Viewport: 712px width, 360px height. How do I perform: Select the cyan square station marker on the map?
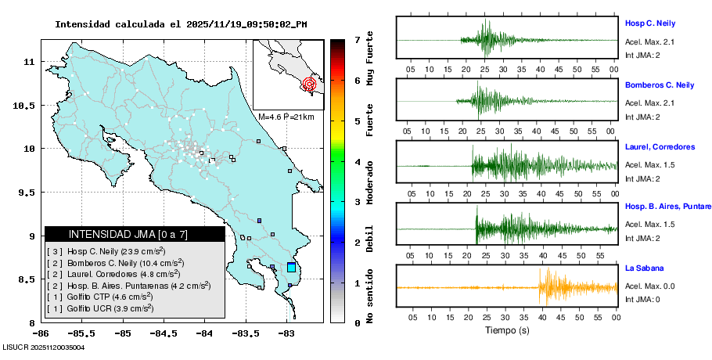291,268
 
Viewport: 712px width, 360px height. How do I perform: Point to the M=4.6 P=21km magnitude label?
286,117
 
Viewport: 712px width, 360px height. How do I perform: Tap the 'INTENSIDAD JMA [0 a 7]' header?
128,234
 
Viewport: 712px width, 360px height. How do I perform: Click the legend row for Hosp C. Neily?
106,251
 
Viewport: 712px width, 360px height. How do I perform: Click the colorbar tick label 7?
356,39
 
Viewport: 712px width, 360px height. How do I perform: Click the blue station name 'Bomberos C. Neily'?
660,85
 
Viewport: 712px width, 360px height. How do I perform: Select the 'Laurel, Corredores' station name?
660,146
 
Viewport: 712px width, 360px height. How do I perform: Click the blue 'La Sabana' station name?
644,268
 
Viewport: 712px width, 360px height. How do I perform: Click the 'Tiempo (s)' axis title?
506,330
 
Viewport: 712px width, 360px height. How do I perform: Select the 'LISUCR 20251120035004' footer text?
44,347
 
